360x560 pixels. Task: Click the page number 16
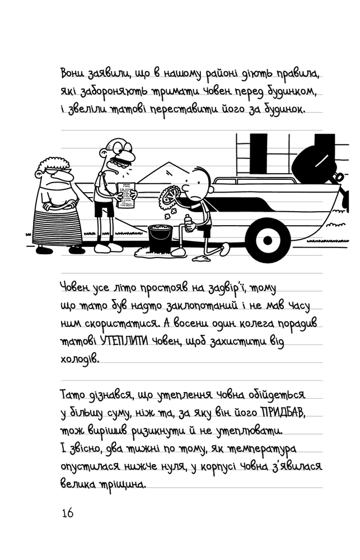68,513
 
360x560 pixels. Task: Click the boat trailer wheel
268,240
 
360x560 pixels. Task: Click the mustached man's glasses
120,146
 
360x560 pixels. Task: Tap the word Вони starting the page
72,73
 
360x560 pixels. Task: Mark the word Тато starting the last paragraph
72,395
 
